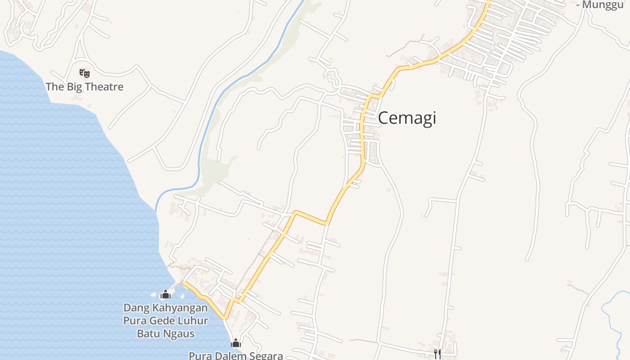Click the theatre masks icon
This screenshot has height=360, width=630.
tap(84, 72)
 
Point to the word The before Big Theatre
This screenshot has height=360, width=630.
tap(55, 86)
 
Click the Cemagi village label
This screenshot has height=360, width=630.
tap(407, 118)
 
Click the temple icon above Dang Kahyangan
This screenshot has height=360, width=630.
tap(166, 294)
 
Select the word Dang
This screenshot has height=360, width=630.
tap(136, 308)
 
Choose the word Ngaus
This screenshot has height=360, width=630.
tap(179, 333)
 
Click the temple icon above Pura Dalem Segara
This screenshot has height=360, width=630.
tap(236, 343)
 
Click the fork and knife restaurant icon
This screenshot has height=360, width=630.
tap(437, 354)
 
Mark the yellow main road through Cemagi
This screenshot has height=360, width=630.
tap(362, 135)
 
